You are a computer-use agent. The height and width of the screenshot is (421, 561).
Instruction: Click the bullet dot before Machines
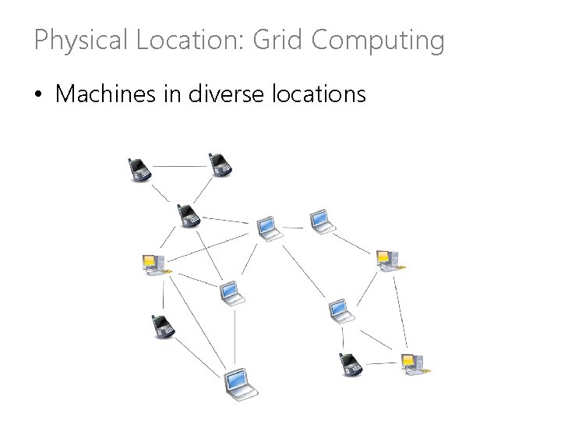[x=38, y=96]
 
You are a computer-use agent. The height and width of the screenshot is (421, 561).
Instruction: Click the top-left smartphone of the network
[x=139, y=168]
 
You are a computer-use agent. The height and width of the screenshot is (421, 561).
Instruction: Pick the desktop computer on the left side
[x=153, y=264]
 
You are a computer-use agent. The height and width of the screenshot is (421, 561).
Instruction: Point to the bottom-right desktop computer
[x=412, y=363]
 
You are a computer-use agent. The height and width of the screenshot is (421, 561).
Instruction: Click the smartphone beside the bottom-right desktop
[x=351, y=364]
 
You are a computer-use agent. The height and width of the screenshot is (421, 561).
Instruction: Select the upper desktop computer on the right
[x=386, y=260]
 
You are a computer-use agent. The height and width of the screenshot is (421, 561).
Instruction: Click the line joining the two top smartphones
[x=180, y=166]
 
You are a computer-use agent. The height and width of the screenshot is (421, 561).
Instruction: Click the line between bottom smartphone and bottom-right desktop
[x=381, y=363]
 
